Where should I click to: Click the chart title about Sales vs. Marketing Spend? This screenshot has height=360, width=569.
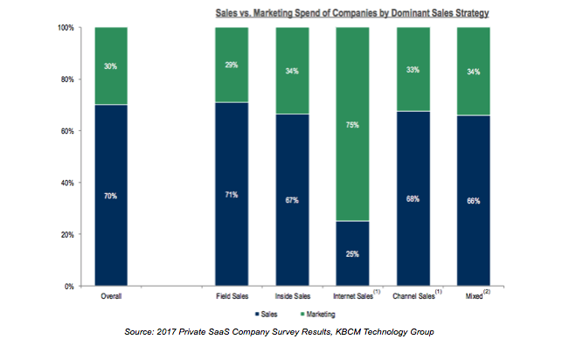coord(366,13)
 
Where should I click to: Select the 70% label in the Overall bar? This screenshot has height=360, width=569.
coord(111,196)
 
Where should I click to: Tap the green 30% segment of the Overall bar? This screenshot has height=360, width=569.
coord(111,66)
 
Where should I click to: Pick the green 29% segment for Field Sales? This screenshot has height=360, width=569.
coord(232,65)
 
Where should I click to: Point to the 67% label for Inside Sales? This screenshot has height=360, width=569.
coord(292,200)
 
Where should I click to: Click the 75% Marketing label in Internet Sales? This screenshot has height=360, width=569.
coord(352,125)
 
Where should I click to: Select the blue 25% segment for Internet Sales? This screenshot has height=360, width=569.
coord(352,253)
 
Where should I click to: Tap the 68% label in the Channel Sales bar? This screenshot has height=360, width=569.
coord(413,198)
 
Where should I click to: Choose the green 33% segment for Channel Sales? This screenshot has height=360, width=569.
coord(413,69)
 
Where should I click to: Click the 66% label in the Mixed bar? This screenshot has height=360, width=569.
coord(473,201)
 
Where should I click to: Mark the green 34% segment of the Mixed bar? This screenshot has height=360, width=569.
coord(473,71)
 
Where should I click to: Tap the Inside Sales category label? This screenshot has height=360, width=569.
coord(292,297)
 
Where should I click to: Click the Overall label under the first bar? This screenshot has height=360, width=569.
coord(111,297)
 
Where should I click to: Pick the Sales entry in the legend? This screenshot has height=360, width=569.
coord(267,313)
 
